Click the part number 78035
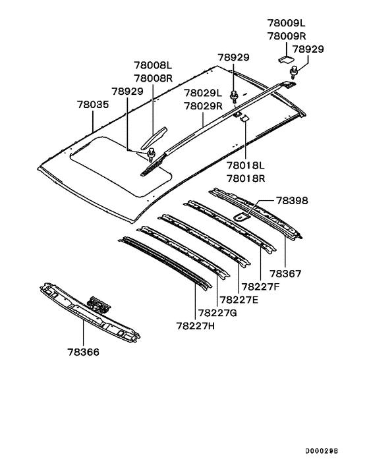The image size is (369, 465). click(93, 105)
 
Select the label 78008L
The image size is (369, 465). click(153, 65)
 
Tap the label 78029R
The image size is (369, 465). click(203, 106)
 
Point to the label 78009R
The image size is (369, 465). click(287, 36)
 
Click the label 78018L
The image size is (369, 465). click(246, 165)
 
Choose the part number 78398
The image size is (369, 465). click(292, 201)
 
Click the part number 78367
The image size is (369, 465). click(285, 274)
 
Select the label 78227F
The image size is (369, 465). click(260, 287)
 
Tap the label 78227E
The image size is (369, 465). click(239, 300)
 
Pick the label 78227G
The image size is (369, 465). click(217, 313)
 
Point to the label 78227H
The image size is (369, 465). click(196, 326)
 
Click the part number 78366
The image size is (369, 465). click(83, 352)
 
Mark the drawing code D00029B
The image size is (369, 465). click(322, 451)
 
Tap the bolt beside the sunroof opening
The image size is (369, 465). click(152, 154)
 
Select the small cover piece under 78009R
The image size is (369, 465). click(285, 59)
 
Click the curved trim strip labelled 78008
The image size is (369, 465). click(154, 138)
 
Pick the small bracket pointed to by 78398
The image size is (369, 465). click(241, 217)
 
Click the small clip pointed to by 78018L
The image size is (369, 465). click(244, 119)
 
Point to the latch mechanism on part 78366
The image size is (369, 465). click(99, 304)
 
